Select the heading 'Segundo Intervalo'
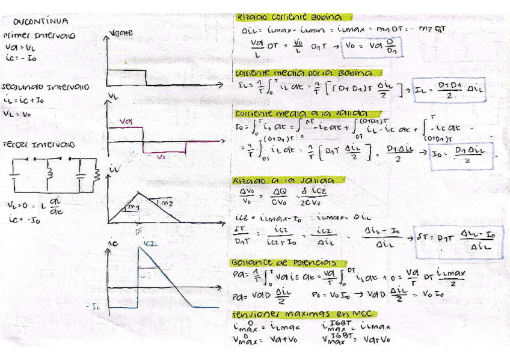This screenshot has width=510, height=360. [46, 87]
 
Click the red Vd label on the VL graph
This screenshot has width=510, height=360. [126, 121]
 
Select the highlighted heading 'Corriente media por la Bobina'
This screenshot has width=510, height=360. [303, 73]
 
